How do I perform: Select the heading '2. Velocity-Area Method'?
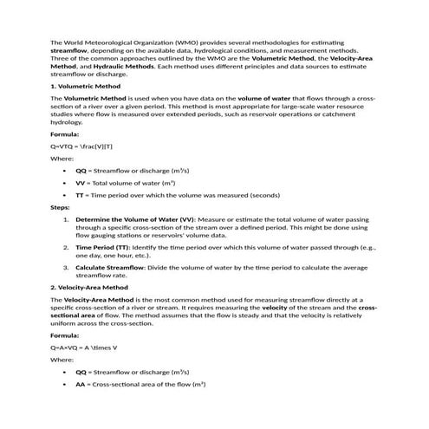[89, 287]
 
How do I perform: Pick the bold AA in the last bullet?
[81, 383]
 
